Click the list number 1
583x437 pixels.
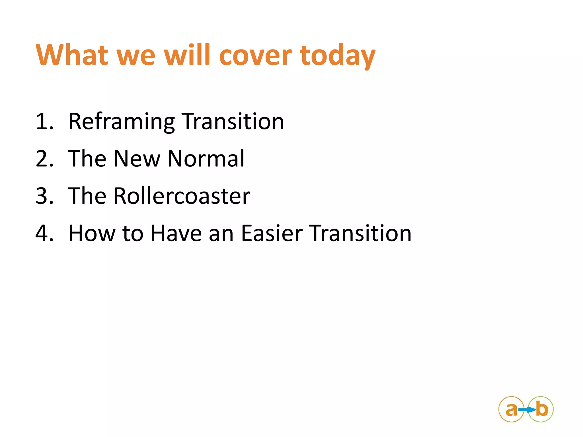44,121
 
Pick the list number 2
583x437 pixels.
44,159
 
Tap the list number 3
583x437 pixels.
44,196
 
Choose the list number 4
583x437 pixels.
44,233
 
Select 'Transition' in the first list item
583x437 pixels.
233,121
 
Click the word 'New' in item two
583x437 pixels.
137,159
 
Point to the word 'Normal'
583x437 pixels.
206,159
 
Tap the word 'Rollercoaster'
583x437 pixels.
182,196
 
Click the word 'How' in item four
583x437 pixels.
92,233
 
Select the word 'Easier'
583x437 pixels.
272,233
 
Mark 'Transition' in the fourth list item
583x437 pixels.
360,233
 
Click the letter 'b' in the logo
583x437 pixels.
542,409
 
